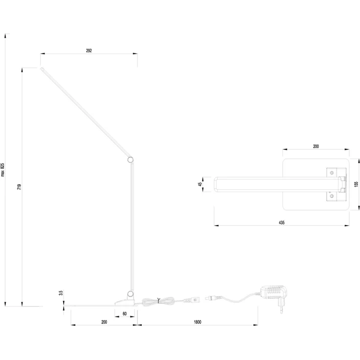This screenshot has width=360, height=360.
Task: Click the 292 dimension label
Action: coord(89,50)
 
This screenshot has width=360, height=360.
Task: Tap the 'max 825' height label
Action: coord(2,170)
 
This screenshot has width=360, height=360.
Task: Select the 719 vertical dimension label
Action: coord(19,187)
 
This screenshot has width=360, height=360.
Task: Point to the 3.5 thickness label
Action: coord(61,293)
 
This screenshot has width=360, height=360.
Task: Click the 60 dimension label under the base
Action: coord(125,314)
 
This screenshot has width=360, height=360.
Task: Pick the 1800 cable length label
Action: coord(198,322)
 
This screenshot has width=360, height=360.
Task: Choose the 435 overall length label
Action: coord(281,223)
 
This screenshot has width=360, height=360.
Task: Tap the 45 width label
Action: coord(200,184)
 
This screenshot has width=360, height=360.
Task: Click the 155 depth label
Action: coord(356,184)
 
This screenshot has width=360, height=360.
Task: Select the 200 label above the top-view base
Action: coord(316,146)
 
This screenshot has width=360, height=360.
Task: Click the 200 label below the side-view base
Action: coord(104,322)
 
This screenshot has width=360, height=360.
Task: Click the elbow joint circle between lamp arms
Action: coord(131,160)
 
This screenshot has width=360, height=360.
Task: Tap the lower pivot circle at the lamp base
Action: coord(131,293)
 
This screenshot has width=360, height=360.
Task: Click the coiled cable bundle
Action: coord(158,301)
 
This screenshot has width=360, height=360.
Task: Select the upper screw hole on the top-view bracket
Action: coord(332,173)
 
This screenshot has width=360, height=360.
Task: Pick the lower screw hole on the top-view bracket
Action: coord(332,196)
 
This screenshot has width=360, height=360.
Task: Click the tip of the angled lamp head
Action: coord(41,68)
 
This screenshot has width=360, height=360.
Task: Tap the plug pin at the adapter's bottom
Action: coord(281,310)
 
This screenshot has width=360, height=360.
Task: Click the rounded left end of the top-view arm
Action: coord(215,184)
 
